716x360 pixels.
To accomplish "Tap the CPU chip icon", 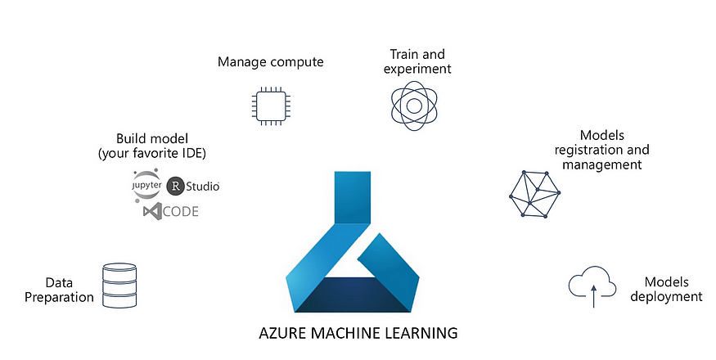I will [x=270, y=106].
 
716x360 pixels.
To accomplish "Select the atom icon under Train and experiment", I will [x=415, y=105].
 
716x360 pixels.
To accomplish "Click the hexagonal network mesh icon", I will [x=534, y=196].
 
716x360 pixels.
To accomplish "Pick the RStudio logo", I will [x=193, y=186].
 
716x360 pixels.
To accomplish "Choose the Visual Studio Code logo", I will [x=170, y=211].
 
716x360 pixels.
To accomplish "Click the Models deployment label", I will [x=668, y=289].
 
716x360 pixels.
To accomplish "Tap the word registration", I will [x=601, y=150].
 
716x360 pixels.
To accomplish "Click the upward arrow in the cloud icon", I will [x=593, y=295].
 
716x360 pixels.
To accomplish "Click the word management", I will [x=601, y=164].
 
